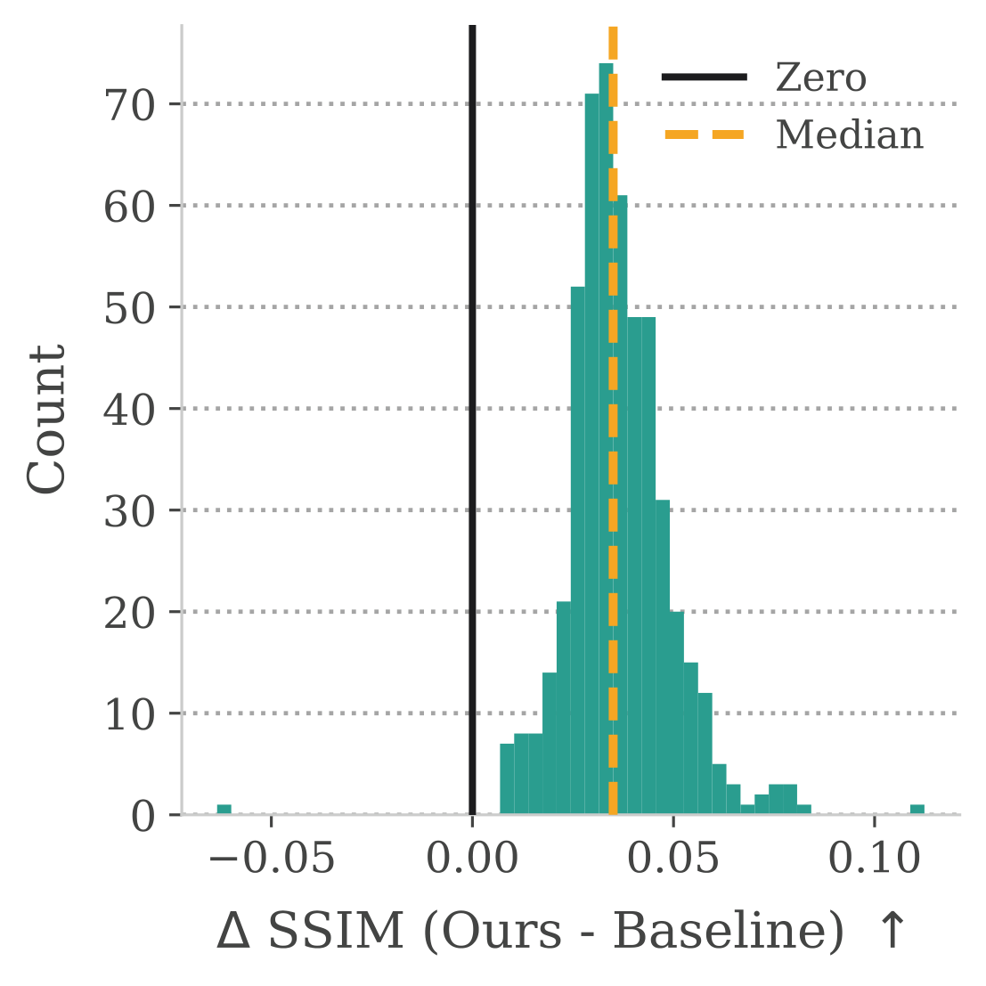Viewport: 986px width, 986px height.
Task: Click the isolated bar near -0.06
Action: [224, 809]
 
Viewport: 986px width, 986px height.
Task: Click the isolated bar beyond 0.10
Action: [917, 809]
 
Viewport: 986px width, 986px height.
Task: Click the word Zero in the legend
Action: [820, 78]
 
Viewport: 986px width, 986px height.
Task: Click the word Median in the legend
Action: [850, 135]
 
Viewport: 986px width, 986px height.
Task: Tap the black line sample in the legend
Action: [705, 78]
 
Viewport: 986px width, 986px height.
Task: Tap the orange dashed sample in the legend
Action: [705, 135]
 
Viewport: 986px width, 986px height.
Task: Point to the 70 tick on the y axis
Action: [130, 105]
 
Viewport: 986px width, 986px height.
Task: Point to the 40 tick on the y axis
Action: [130, 410]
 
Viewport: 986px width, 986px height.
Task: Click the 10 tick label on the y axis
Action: [130, 714]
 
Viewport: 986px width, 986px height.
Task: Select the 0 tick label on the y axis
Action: [143, 816]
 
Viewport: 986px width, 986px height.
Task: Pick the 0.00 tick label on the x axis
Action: [472, 860]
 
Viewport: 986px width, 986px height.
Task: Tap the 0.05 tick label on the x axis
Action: [673, 860]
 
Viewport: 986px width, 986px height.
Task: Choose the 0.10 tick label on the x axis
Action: [874, 860]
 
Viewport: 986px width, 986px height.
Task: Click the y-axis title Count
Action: [46, 419]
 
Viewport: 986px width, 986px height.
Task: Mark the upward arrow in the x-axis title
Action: [892, 932]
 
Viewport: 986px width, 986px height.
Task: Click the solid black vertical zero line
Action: [472, 445]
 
